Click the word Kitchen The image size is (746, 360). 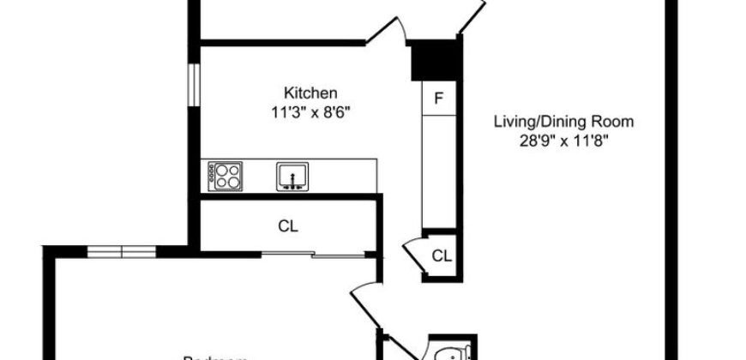tap(310, 93)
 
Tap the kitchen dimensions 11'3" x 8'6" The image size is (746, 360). tap(310, 111)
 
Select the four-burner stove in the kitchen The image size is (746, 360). tap(226, 177)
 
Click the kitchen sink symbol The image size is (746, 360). tap(292, 177)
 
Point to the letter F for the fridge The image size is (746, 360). tap(438, 99)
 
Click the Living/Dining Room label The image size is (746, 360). tap(556, 121)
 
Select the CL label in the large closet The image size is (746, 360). tap(287, 227)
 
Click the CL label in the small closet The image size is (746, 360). tap(441, 255)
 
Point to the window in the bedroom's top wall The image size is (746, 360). tap(122, 250)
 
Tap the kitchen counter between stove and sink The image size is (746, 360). tap(258, 177)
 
